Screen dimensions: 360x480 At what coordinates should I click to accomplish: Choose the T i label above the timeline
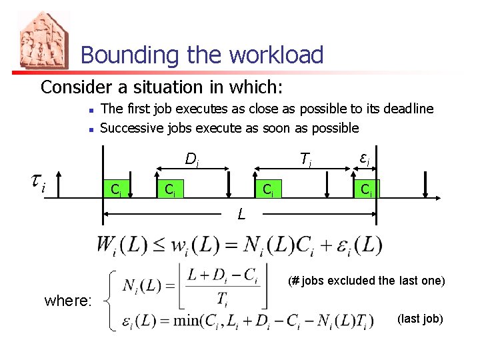coord(306,159)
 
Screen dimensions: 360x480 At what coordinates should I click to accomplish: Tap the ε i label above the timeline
coord(365,159)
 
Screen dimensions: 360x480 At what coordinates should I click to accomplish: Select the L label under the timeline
coord(241,215)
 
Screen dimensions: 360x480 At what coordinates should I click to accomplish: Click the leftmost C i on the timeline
coord(116,190)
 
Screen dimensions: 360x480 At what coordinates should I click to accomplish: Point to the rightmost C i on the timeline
coord(366,190)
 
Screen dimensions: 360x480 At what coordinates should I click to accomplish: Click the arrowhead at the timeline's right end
coord(437,198)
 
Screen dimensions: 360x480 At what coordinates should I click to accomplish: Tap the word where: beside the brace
coord(67,301)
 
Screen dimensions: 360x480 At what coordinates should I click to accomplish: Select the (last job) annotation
coord(420,319)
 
